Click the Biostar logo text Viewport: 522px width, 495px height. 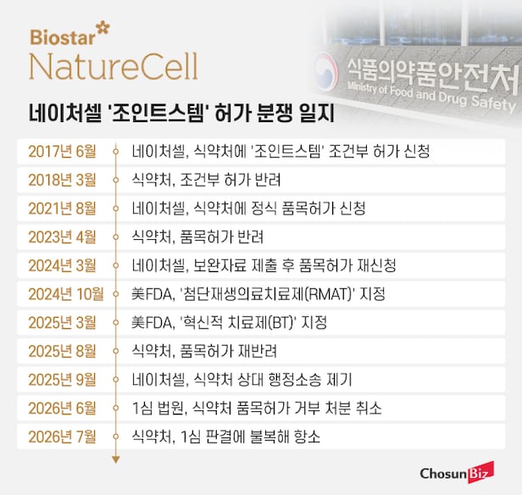click(x=62, y=37)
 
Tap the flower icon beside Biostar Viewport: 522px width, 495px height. click(x=103, y=28)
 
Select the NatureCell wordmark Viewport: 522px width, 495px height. click(x=114, y=66)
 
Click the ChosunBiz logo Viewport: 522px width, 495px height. click(x=457, y=472)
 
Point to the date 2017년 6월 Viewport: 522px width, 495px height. click(x=62, y=152)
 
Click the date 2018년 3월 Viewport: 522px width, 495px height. click(x=62, y=180)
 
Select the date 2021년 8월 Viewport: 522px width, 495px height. click(x=62, y=209)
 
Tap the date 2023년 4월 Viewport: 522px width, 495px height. click(x=62, y=237)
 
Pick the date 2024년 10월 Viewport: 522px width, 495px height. click(x=66, y=294)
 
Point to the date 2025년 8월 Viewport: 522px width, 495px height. click(x=62, y=351)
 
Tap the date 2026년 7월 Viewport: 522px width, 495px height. click(x=62, y=437)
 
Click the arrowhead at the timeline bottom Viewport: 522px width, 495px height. click(x=116, y=459)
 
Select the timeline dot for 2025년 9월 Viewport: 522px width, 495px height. click(x=116, y=380)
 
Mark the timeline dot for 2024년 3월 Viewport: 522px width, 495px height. click(x=116, y=265)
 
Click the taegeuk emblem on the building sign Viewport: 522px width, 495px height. click(x=326, y=71)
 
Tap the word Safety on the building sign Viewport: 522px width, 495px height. click(x=494, y=103)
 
